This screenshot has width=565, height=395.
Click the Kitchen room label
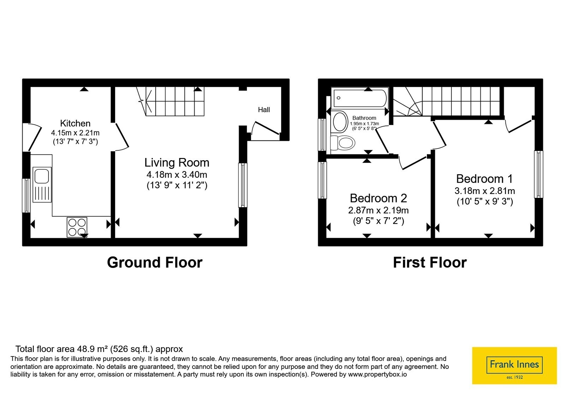click(x=75, y=123)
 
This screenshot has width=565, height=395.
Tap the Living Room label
click(x=177, y=163)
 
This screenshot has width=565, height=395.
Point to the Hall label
click(x=264, y=110)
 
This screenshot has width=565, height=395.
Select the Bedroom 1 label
click(x=484, y=178)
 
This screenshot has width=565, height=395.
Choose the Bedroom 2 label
click(x=378, y=198)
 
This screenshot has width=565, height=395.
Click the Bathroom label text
click(x=364, y=118)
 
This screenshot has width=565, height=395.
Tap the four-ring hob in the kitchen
click(x=77, y=227)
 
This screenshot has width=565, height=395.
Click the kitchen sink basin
click(x=42, y=176)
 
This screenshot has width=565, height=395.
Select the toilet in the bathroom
click(x=343, y=143)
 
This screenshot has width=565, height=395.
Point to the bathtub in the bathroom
click(x=360, y=98)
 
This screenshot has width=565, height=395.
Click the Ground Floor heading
click(x=155, y=262)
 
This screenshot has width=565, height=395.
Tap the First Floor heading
click(x=430, y=262)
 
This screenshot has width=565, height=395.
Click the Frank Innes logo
click(x=514, y=365)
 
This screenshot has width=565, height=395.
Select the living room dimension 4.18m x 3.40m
click(x=177, y=174)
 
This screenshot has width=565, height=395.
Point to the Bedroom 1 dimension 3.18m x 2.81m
click(x=484, y=191)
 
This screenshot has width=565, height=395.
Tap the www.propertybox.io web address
click(x=377, y=374)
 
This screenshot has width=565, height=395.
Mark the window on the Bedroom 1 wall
click(x=539, y=174)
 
